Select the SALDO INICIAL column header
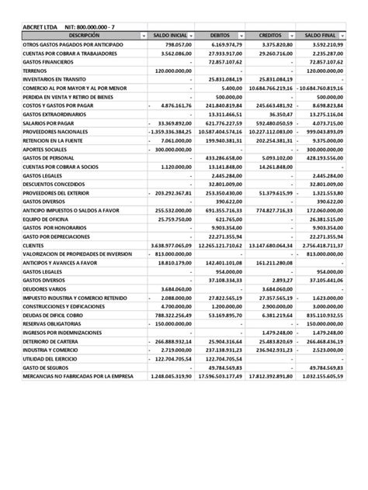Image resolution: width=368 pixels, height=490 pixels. pyautogui.click(x=167, y=36)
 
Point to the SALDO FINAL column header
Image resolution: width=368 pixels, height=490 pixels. pyautogui.click(x=318, y=36)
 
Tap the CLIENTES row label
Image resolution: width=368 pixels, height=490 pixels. pyautogui.click(x=35, y=244)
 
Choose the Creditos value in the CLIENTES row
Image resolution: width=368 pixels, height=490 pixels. pyautogui.click(x=271, y=244)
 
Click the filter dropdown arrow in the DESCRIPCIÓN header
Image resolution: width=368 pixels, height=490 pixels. pyautogui.click(x=142, y=36)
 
